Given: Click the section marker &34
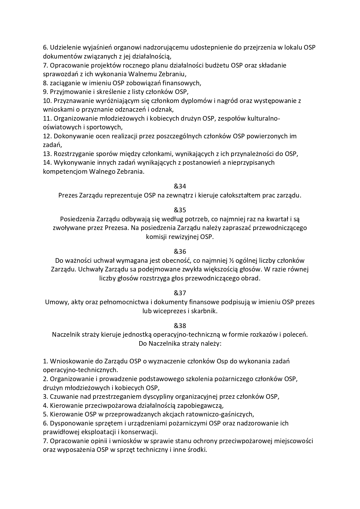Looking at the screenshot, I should pyautogui.click(x=180, y=186).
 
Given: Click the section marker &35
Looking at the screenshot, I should pyautogui.click(x=180, y=210).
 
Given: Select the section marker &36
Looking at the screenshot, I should pyautogui.click(x=180, y=251).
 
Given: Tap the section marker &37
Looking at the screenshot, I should pyautogui.click(x=180, y=293).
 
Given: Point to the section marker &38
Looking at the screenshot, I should pyautogui.click(x=180, y=325).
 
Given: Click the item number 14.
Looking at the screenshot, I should pyautogui.click(x=47, y=163).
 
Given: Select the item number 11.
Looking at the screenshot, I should pyautogui.click(x=47, y=118).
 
